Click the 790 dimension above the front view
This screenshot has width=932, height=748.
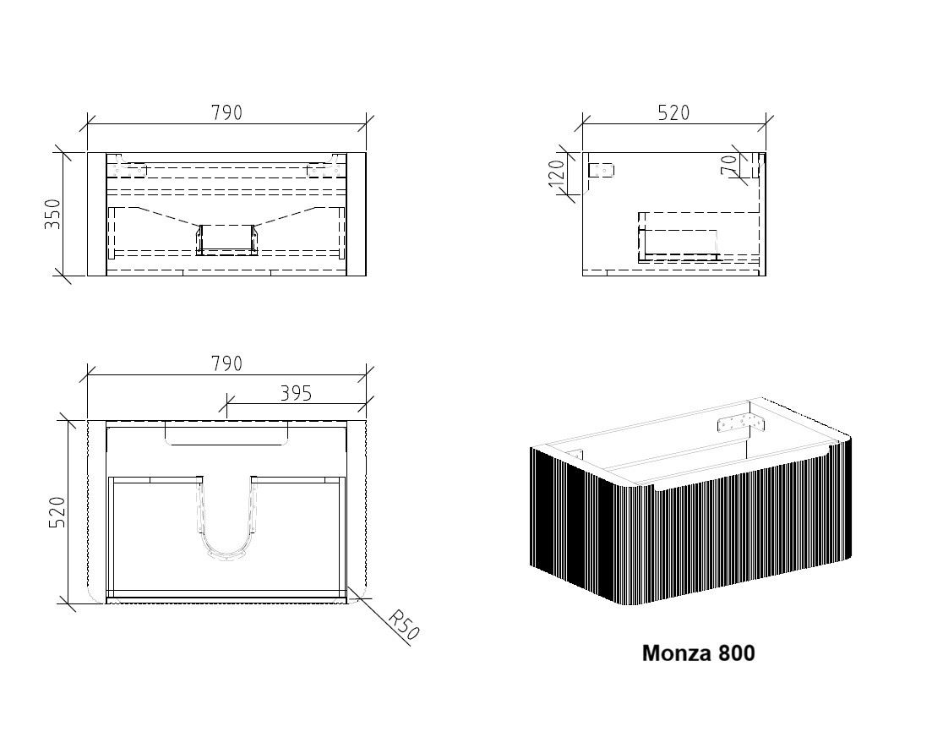tap(226, 112)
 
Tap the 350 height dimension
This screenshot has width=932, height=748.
tap(52, 214)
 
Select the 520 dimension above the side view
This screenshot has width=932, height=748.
tap(673, 112)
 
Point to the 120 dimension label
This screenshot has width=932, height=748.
tap(556, 173)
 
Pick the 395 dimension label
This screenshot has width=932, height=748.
tap(296, 393)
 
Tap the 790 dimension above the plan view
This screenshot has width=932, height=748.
tap(226, 363)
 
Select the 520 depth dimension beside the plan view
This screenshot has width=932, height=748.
tap(57, 512)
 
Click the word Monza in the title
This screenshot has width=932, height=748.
tap(677, 652)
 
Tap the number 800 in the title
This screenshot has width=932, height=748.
tap(737, 652)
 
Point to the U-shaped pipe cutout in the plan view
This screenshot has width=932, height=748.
tap(227, 517)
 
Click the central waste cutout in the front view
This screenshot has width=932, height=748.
tap(226, 240)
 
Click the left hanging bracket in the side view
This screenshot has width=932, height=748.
tap(601, 170)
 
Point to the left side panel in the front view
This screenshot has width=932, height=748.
tap(97, 214)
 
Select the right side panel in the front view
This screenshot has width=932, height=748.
tap(357, 214)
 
